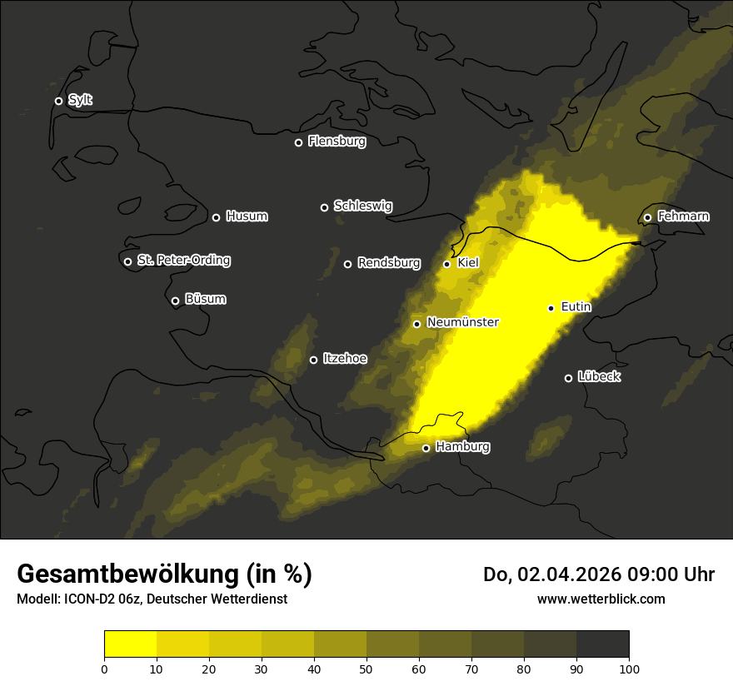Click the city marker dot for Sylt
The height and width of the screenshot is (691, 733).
point(58,101)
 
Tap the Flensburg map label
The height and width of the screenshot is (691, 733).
point(337,142)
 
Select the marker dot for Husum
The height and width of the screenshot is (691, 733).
point(216,217)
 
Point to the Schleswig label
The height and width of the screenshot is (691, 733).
point(362,206)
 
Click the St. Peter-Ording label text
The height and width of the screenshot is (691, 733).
point(183,261)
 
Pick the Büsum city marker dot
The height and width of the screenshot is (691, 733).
point(175,301)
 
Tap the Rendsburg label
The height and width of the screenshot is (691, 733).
point(388,263)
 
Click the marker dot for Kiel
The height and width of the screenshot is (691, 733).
point(446,264)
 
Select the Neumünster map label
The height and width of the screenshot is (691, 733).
point(462,322)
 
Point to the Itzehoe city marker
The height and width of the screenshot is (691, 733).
point(313,360)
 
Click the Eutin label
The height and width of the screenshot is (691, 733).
point(576,307)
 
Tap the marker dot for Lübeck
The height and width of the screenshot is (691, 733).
point(568,378)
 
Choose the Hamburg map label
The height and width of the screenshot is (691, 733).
point(462,447)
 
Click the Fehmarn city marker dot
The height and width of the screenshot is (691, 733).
point(647,217)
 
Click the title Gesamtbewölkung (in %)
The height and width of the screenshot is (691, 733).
point(164,574)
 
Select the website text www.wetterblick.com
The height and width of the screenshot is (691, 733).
point(601,599)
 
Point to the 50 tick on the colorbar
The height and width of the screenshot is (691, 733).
point(366,669)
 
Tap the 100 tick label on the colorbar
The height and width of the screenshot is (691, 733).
point(629,669)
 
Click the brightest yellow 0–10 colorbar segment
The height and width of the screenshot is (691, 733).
point(130,644)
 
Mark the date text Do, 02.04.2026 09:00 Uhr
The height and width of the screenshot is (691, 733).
point(598,574)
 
